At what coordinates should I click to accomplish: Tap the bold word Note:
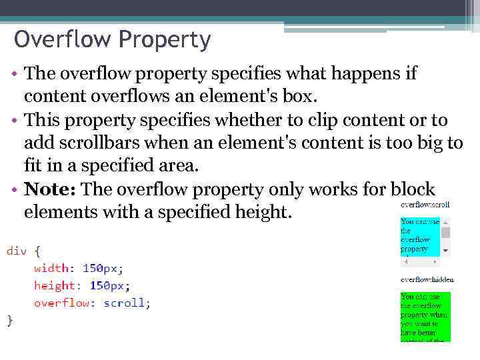(50, 190)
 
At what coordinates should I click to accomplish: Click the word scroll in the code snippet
(125, 303)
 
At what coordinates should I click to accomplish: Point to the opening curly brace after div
(37, 251)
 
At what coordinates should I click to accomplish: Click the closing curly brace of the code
(10, 320)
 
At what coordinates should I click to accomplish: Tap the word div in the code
(17, 251)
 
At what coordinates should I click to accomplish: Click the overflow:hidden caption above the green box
(427, 279)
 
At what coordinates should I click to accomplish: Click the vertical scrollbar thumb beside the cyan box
(446, 233)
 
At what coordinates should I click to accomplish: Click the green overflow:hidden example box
(425, 317)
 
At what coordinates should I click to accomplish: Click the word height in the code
(55, 285)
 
